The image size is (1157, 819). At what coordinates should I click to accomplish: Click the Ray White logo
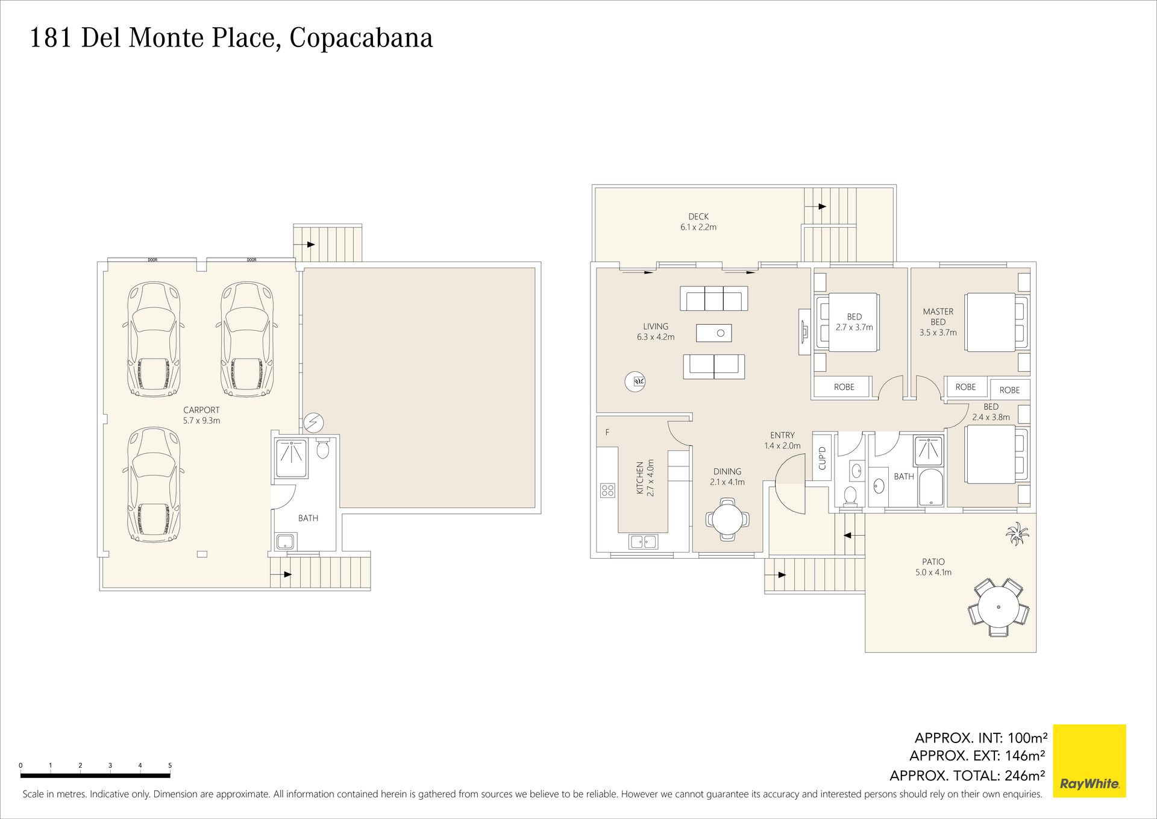[x=1089, y=761]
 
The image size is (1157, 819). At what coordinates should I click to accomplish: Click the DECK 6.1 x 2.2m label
[x=698, y=222]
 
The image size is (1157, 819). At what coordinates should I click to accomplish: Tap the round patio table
[x=998, y=607]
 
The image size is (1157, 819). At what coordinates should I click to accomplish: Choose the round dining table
[x=727, y=518]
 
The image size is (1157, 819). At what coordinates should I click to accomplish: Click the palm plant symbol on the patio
[x=1017, y=534]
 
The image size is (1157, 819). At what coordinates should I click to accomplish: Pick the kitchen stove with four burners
[x=607, y=491]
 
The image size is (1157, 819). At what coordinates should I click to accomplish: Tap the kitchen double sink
[x=644, y=542]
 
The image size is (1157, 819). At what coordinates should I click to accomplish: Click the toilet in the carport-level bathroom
[x=323, y=448]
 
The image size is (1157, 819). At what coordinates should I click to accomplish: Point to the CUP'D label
[x=822, y=458]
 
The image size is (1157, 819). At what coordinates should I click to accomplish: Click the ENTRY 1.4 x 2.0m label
[x=782, y=441]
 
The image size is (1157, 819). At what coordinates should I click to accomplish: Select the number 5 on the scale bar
[x=170, y=765]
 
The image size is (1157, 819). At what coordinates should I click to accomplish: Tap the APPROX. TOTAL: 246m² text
[x=967, y=776]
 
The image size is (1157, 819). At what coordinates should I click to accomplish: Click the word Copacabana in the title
[x=361, y=38]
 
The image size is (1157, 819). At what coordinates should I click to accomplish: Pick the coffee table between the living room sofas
[x=714, y=333]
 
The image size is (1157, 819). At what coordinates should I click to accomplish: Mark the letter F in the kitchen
[x=607, y=432]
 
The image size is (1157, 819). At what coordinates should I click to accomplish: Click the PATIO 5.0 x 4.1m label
[x=933, y=567]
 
